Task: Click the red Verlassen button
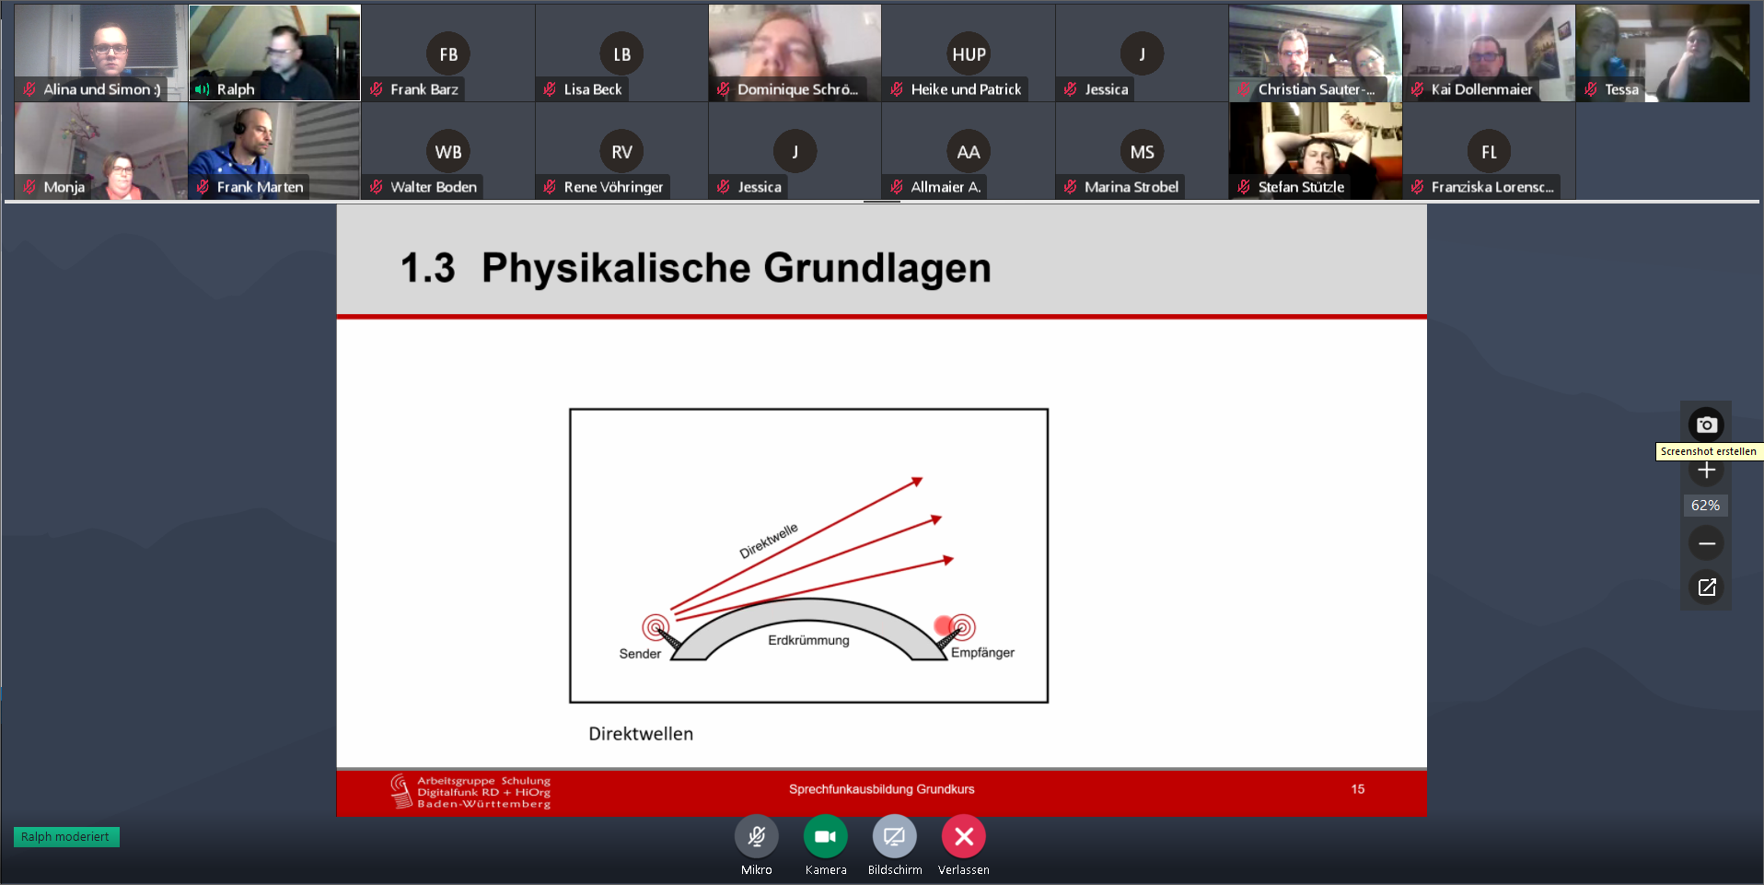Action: tap(964, 836)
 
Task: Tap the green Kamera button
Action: tap(826, 836)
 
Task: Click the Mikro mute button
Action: tap(757, 836)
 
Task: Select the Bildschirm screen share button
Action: tap(895, 836)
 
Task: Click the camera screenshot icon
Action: tap(1706, 425)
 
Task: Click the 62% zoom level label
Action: tap(1706, 506)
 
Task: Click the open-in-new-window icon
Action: tap(1706, 587)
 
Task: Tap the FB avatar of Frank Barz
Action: tap(448, 54)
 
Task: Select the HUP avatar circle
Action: tap(969, 54)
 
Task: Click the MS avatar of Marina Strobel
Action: tap(1142, 152)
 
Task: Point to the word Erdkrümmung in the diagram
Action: tap(808, 640)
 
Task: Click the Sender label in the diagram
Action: tap(640, 654)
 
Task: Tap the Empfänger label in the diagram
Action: tap(982, 653)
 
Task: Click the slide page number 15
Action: tap(1358, 789)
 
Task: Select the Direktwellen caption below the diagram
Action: tap(641, 734)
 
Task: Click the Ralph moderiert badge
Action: tap(66, 837)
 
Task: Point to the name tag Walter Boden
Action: tap(434, 187)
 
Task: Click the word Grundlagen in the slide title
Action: tap(877, 269)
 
